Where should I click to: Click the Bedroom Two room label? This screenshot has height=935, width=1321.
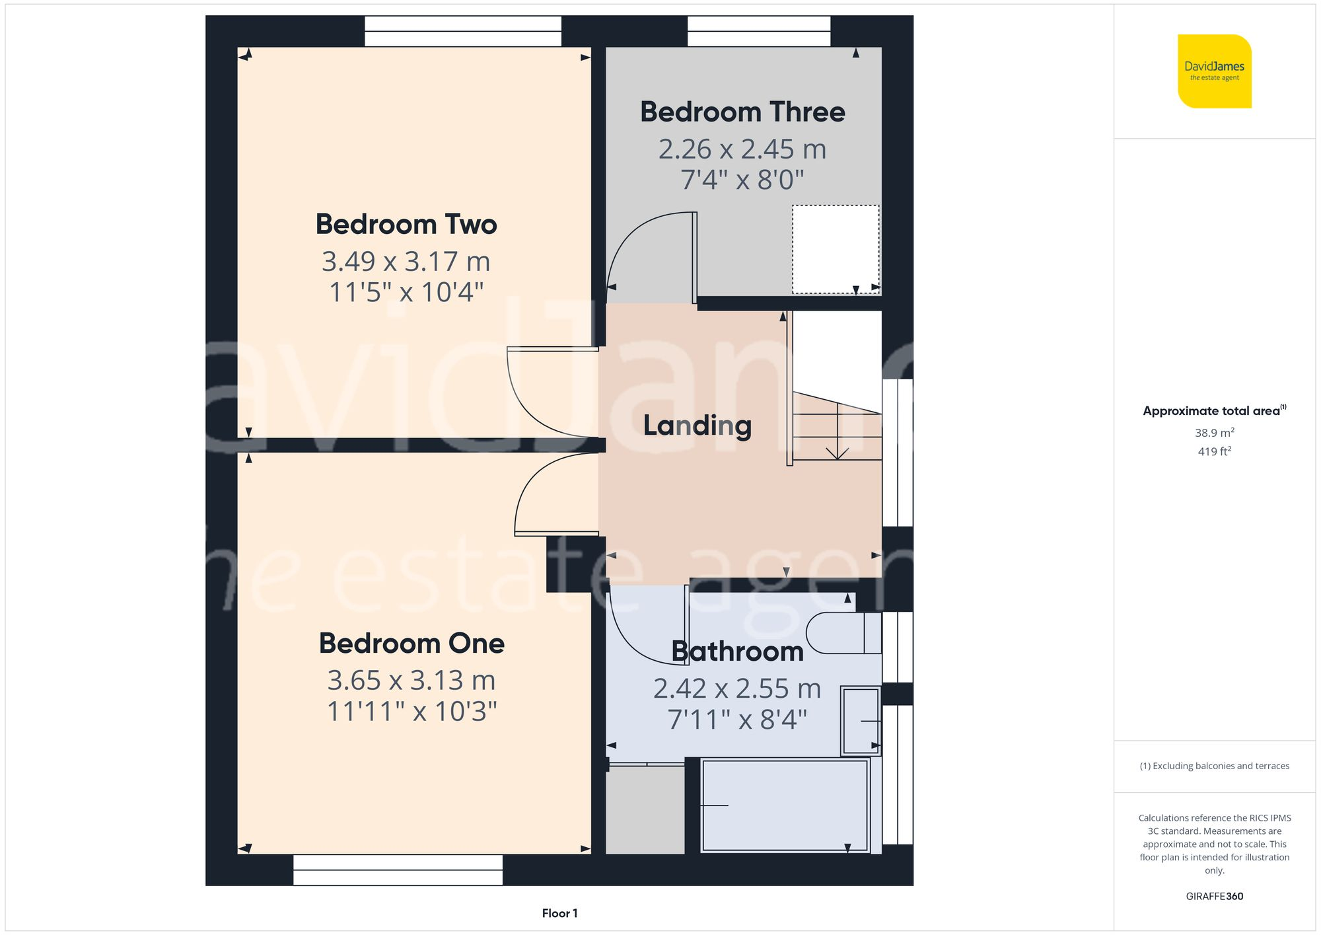pos(406,225)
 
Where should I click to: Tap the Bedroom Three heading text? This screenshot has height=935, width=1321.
pos(742,112)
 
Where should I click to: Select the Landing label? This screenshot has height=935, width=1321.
pos(697,426)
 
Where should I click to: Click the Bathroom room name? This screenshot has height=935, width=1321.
pos(737,652)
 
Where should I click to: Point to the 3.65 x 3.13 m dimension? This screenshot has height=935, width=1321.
pos(411,681)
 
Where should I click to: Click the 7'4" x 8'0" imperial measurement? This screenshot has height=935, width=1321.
pos(742,180)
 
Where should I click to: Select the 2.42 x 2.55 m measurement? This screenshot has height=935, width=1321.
pos(737,689)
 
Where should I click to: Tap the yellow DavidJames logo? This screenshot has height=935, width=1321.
pos(1214,71)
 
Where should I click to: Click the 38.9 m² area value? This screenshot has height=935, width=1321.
pos(1214,433)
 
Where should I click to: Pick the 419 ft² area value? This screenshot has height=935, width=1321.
pos(1214,451)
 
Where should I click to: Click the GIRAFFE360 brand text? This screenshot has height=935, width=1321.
pos(1214,896)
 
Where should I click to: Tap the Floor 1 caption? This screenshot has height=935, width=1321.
pos(559,913)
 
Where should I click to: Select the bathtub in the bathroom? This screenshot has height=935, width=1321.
pos(785,805)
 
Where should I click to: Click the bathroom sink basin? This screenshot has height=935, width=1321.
pos(861,721)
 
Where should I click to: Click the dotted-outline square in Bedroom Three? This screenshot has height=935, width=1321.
pos(835,249)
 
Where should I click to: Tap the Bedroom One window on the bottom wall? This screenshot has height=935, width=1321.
pos(398,870)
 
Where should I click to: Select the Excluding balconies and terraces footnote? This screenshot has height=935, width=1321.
pos(1214,766)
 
